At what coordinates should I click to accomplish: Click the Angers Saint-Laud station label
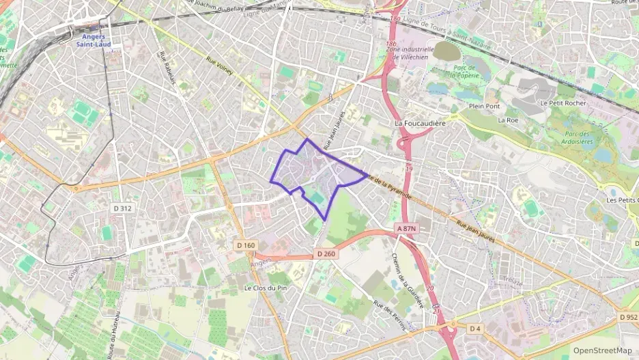coord(95,40)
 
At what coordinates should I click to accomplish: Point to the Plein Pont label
coord(485,107)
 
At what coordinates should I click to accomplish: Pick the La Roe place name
coord(508,120)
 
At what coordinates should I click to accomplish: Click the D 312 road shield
coord(122,207)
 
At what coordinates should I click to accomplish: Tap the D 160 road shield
coord(246,245)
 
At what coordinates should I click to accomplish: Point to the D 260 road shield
coord(326,254)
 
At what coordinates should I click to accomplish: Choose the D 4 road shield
coord(475,329)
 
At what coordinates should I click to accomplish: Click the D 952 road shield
coord(629,317)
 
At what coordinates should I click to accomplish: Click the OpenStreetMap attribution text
coord(603,350)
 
